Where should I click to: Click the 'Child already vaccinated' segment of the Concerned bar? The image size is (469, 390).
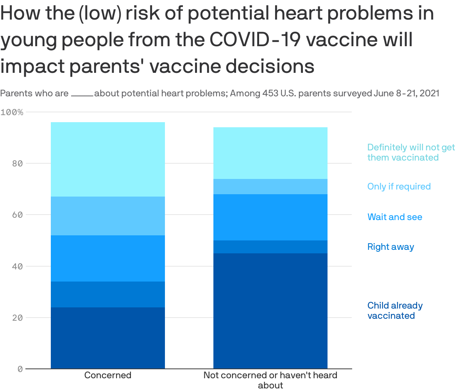pyautogui.click(x=108, y=338)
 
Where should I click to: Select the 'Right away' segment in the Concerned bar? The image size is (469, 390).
pyautogui.click(x=108, y=294)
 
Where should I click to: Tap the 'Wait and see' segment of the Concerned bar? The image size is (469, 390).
pyautogui.click(x=108, y=258)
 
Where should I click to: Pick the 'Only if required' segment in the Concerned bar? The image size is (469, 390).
pyautogui.click(x=108, y=216)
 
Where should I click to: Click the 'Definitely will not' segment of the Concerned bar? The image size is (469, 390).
pyautogui.click(x=108, y=159)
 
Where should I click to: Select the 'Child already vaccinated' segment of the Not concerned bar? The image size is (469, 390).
pyautogui.click(x=270, y=311)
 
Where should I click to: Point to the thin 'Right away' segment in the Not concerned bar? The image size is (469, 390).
pyautogui.click(x=270, y=247)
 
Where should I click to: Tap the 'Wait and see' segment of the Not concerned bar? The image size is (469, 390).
pyautogui.click(x=270, y=217)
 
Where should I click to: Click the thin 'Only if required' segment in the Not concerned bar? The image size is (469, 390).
pyautogui.click(x=270, y=187)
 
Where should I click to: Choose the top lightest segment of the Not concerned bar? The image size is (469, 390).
pyautogui.click(x=270, y=153)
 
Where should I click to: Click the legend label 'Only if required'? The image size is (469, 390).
pyautogui.click(x=399, y=186)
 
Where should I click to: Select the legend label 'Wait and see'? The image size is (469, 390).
pyautogui.click(x=395, y=217)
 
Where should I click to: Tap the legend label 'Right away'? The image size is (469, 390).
pyautogui.click(x=390, y=247)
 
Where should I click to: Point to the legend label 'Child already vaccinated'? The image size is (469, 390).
pyautogui.click(x=395, y=311)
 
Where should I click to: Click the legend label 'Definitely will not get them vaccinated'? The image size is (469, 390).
pyautogui.click(x=411, y=152)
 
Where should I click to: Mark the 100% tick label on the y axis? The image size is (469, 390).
pyautogui.click(x=12, y=112)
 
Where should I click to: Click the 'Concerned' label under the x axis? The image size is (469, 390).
pyautogui.click(x=108, y=375)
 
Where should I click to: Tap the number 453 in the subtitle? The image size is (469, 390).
pyautogui.click(x=271, y=94)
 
